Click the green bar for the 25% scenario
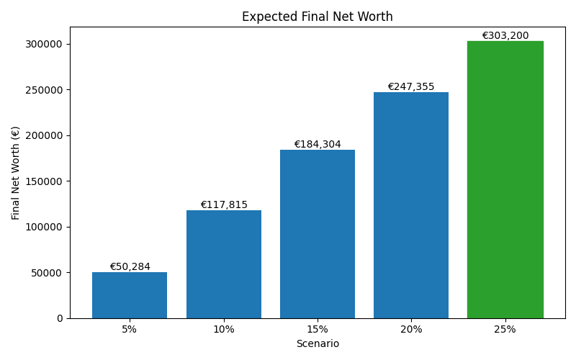click(x=505, y=180)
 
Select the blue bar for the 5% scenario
click(x=130, y=295)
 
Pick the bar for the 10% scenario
click(x=223, y=264)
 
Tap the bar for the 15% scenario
click(x=318, y=234)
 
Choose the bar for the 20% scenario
click(x=411, y=205)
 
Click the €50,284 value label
click(x=130, y=267)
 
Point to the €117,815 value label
click(x=223, y=205)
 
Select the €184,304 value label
click(x=318, y=145)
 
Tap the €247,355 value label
click(x=411, y=87)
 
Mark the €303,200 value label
click(x=505, y=36)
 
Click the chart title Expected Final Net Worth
click(x=318, y=17)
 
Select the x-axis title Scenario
click(x=318, y=344)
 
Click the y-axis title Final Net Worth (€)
click(x=16, y=173)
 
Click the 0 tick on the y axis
click(x=60, y=318)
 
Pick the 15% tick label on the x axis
click(x=318, y=330)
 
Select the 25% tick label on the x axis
click(x=505, y=330)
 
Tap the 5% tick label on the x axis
click(x=130, y=330)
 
